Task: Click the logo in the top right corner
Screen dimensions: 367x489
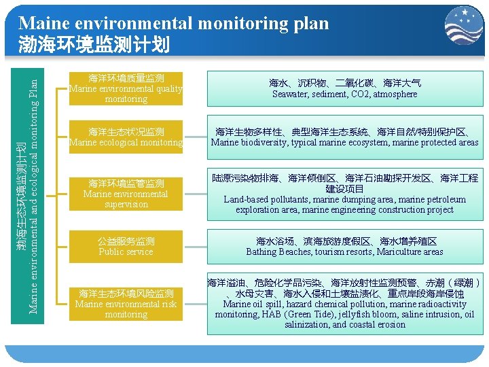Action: coord(464,25)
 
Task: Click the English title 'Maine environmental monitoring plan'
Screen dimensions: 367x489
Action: coord(174,24)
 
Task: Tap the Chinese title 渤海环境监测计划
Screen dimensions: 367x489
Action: coord(94,45)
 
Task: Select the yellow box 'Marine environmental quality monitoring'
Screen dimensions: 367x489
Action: coord(126,88)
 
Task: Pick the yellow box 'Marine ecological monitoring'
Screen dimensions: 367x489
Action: coord(126,137)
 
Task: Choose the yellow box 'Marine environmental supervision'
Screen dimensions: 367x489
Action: coord(126,194)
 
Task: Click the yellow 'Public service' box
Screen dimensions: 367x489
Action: coord(126,246)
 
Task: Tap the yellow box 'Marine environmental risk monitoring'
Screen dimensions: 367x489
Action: coord(126,304)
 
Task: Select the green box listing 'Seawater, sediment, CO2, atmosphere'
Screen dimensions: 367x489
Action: coord(345,88)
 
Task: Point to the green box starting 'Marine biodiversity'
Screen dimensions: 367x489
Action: coord(345,137)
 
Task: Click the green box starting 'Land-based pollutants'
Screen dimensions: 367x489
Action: coord(345,194)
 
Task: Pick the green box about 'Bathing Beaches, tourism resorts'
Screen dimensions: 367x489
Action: coord(345,246)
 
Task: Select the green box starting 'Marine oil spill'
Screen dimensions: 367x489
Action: coord(345,304)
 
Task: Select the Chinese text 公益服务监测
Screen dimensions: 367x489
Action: coord(126,241)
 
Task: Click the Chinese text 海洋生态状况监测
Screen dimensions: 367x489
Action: coord(126,131)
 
